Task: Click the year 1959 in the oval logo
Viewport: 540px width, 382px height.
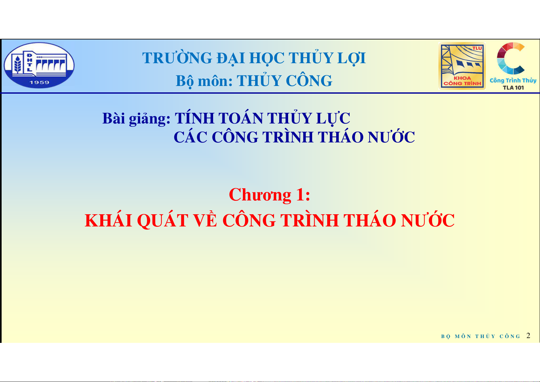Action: click(39, 82)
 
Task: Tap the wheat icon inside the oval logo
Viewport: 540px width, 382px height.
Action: click(18, 64)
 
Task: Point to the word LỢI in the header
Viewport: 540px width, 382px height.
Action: click(352, 58)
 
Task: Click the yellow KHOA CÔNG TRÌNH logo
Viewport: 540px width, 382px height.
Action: click(462, 66)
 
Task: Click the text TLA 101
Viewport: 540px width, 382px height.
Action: click(513, 88)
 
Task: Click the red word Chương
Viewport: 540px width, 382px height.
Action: click(260, 195)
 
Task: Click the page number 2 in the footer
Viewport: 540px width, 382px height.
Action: click(528, 335)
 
